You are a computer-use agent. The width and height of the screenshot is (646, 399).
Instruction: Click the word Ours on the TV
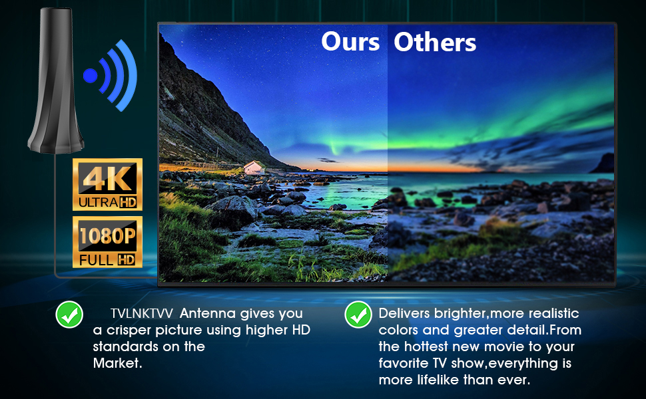[350, 42]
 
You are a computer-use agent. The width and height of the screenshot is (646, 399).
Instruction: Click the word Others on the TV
[435, 42]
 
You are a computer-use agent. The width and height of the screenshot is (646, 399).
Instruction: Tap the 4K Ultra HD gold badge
[107, 184]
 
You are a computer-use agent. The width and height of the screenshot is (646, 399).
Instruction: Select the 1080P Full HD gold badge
[107, 242]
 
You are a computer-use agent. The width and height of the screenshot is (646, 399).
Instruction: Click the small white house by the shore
[254, 168]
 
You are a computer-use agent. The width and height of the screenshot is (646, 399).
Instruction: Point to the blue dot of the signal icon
[90, 76]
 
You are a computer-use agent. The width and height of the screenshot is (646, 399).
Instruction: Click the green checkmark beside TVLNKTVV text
[69, 315]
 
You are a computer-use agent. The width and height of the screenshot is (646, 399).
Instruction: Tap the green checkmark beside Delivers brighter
[358, 315]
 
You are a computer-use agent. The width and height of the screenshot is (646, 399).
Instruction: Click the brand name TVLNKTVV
[141, 313]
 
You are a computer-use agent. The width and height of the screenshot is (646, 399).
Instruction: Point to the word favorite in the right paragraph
[404, 363]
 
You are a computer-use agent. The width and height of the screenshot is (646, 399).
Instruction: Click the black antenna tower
[56, 80]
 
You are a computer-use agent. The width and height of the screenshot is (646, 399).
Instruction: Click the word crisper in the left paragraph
[129, 331]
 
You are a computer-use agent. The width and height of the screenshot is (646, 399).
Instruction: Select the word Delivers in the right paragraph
[404, 313]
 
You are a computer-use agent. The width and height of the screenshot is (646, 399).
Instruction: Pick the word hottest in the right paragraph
[426, 346]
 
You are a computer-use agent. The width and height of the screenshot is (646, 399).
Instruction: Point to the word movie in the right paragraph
[506, 346]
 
